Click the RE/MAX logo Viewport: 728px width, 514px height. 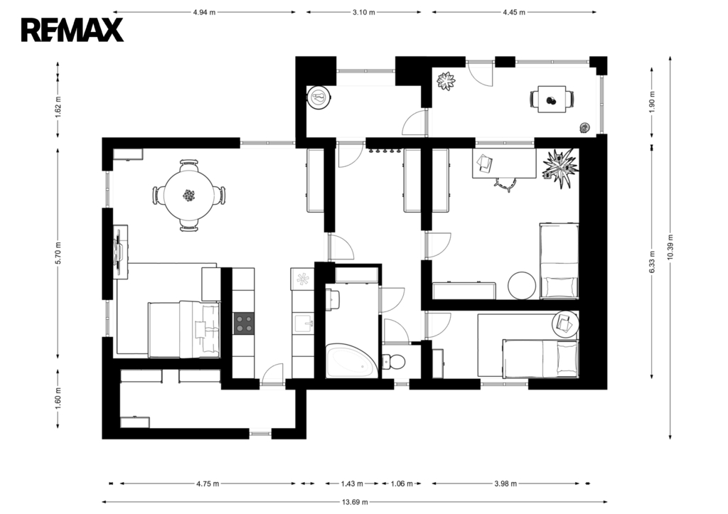72,30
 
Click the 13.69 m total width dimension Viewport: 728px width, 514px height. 355,502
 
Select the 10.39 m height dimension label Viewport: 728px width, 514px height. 670,247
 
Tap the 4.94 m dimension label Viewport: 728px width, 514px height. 204,12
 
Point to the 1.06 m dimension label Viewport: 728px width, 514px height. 402,484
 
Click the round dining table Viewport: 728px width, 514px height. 188,195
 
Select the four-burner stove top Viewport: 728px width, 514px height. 244,323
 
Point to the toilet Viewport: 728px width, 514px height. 394,360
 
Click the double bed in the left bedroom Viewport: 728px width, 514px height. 184,329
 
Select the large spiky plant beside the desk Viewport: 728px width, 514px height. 560,166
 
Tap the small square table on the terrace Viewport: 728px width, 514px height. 552,100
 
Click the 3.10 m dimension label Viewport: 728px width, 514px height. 363,12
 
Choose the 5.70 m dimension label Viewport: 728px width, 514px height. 58,253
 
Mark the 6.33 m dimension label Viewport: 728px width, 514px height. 652,262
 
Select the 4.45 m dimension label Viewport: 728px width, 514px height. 514,12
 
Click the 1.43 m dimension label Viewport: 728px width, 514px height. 352,484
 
